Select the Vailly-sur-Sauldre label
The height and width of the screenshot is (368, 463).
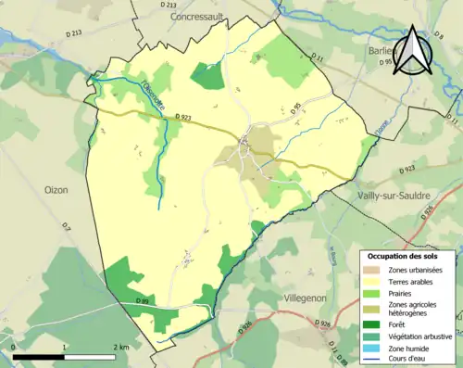coord(400,197)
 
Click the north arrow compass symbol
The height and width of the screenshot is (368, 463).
coord(413,54)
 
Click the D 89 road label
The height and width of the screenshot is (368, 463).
coord(143,301)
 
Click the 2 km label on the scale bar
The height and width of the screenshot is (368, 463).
coord(119,347)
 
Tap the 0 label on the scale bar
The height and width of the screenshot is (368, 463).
coord(14,347)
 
